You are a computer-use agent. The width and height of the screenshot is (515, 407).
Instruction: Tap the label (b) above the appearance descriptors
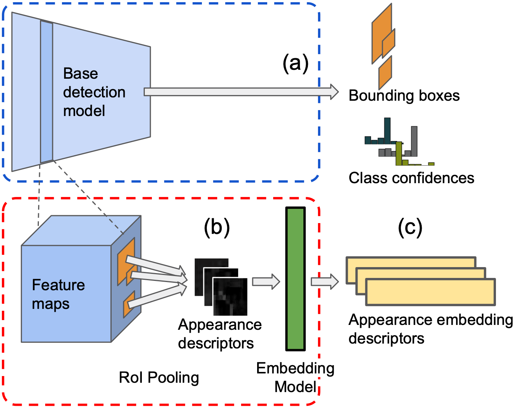tap(216, 227)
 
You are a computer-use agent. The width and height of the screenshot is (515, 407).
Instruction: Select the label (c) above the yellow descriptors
tap(410, 227)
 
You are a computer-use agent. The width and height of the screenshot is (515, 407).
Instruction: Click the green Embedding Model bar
tap(296, 279)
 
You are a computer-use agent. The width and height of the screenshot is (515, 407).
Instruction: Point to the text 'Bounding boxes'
tap(404, 96)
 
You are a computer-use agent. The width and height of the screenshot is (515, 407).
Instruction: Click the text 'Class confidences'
tap(411, 178)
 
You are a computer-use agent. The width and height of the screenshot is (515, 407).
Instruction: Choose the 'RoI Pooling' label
tap(159, 378)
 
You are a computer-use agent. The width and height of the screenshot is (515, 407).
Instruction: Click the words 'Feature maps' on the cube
tap(58, 294)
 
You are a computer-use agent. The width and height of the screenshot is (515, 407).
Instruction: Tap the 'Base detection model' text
tap(94, 92)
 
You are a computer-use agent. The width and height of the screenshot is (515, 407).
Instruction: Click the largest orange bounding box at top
tap(381, 34)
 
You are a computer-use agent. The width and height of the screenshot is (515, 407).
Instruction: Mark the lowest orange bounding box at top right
tap(385, 73)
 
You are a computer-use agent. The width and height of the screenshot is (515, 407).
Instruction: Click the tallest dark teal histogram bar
tap(387, 131)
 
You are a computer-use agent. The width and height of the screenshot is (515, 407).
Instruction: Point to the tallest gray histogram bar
tap(414, 141)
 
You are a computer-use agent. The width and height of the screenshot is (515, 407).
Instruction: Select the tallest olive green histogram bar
tap(399, 153)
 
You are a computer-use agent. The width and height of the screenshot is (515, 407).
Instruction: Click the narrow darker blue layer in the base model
tap(47, 92)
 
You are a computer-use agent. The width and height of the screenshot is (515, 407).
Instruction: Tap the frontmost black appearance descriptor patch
tap(230, 297)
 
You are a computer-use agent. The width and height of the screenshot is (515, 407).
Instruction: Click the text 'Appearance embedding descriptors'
tap(431, 329)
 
